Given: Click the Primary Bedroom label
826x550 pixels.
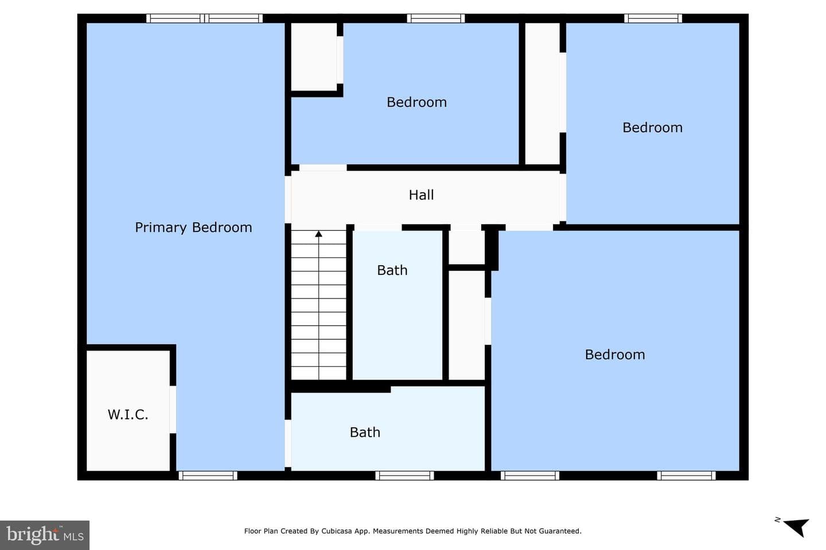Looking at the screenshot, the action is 193,227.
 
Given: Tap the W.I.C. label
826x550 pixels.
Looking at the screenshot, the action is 127,415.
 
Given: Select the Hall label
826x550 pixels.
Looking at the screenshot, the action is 421,195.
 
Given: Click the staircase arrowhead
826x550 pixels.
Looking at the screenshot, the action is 318,234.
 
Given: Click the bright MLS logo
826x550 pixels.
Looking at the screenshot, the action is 45,535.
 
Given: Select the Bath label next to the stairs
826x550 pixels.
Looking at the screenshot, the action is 392,270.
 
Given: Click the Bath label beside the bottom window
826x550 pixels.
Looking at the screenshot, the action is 365,432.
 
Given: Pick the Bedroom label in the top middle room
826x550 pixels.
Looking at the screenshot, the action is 416,102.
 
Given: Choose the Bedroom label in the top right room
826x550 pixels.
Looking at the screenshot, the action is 652,127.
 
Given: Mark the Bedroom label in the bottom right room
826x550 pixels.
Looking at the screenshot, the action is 615,355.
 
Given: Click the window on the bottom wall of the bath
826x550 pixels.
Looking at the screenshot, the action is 404,476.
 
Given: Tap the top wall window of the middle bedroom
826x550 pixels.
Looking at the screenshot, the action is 436,18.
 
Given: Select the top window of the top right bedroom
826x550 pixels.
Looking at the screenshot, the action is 653,18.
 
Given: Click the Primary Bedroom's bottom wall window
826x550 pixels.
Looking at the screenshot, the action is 208,476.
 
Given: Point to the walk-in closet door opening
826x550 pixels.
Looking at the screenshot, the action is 173,410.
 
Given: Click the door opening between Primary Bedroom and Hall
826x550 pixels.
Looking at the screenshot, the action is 288,200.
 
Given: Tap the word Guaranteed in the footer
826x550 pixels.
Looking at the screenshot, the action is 559,531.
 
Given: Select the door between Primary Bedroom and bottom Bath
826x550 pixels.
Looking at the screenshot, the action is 288,443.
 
